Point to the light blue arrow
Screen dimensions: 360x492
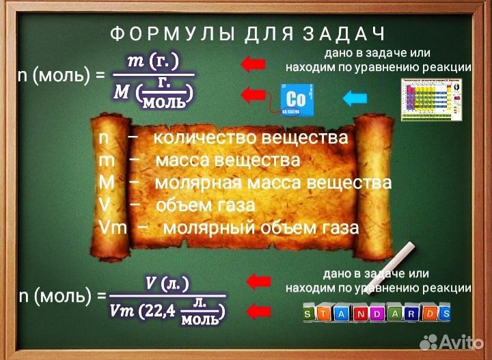click(x=354, y=98)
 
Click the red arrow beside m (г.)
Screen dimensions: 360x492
click(x=254, y=64)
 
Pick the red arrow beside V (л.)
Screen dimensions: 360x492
click(x=258, y=281)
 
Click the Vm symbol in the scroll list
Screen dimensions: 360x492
click(x=113, y=227)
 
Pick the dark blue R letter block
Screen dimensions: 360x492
click(x=411, y=314)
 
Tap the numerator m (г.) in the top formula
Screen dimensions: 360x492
click(x=153, y=61)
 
